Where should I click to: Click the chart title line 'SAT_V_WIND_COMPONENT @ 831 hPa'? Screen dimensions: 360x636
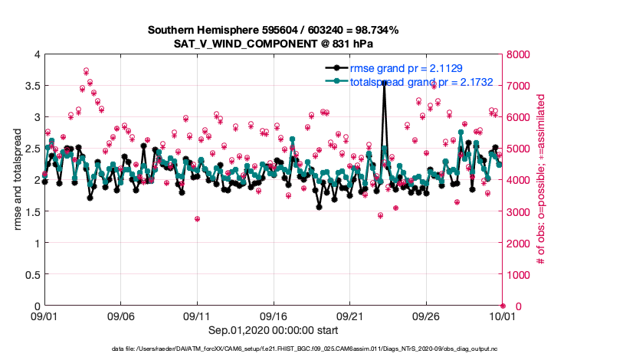[x=272, y=44]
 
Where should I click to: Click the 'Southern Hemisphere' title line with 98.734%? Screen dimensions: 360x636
[x=273, y=30]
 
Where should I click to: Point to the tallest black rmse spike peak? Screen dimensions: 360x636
[x=384, y=82]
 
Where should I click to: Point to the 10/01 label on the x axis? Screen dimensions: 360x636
[x=502, y=316]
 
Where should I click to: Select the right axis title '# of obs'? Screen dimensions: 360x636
[x=540, y=180]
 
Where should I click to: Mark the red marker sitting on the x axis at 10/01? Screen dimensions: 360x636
[x=503, y=306]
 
